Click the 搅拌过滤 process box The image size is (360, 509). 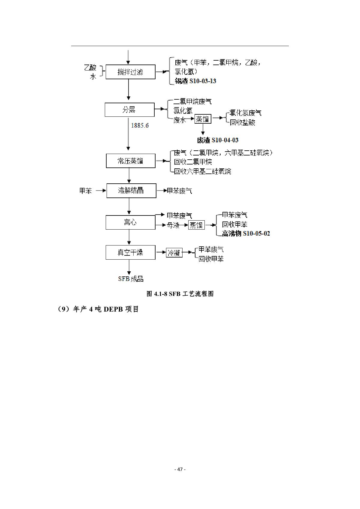pyautogui.click(x=130, y=72)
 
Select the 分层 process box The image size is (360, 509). pyautogui.click(x=129, y=110)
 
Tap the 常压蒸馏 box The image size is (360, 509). pyautogui.click(x=130, y=161)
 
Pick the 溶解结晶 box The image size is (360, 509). pyautogui.click(x=131, y=191)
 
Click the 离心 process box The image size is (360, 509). pyautogui.click(x=130, y=223)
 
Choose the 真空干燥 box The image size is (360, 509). pyautogui.click(x=130, y=252)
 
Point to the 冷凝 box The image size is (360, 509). pyautogui.click(x=174, y=253)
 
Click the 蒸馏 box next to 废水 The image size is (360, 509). pyautogui.click(x=203, y=119)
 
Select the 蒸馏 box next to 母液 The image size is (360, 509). pyautogui.click(x=196, y=225)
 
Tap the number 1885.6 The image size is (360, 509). pyautogui.click(x=140, y=125)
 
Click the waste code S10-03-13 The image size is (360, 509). pyautogui.click(x=203, y=81)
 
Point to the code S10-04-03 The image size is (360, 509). pyautogui.click(x=225, y=140)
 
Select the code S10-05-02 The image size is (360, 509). pyautogui.click(x=256, y=233)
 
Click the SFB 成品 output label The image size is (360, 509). pyautogui.click(x=131, y=279)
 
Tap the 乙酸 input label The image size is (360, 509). pyautogui.click(x=90, y=68)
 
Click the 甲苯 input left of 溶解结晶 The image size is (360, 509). pyautogui.click(x=86, y=191)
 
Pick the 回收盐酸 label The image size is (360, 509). pyautogui.click(x=243, y=122)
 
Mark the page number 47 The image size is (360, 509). pyautogui.click(x=180, y=469)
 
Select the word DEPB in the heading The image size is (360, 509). pyautogui.click(x=113, y=309)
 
